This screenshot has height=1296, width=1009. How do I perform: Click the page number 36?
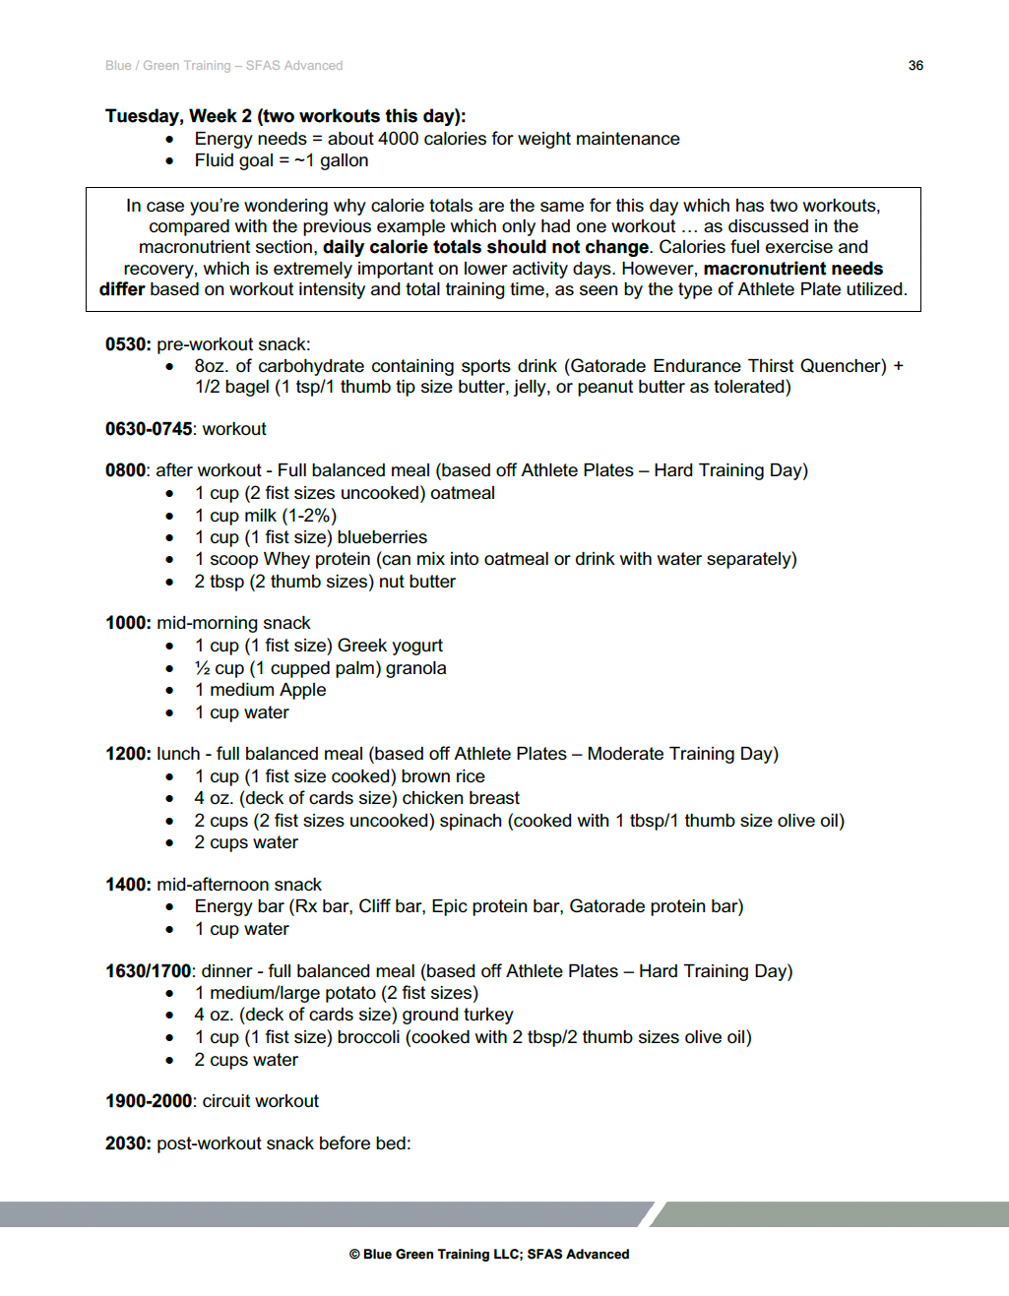(x=915, y=66)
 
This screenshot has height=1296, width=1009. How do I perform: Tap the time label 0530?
(x=127, y=344)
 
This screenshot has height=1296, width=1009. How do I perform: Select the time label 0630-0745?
(x=149, y=429)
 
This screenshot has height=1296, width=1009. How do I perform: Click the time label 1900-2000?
(x=149, y=1101)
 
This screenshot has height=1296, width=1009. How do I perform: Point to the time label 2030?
(x=127, y=1143)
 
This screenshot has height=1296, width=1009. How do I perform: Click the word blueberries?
(x=382, y=537)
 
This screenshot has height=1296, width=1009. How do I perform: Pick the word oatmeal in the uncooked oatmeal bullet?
(x=462, y=493)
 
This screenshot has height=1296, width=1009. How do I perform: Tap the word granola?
(x=415, y=668)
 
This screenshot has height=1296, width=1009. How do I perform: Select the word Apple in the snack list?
(x=302, y=690)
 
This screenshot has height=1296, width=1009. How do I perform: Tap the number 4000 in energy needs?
(x=398, y=139)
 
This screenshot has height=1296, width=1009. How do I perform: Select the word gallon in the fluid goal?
(x=344, y=160)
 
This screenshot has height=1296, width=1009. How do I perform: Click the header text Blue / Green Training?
(x=168, y=66)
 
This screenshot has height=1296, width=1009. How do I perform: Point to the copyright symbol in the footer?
(x=354, y=1255)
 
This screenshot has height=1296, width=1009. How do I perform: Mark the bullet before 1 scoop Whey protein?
(x=170, y=560)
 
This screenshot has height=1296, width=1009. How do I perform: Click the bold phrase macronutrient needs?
(x=792, y=269)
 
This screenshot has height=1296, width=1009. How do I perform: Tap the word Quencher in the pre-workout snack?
(x=843, y=366)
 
